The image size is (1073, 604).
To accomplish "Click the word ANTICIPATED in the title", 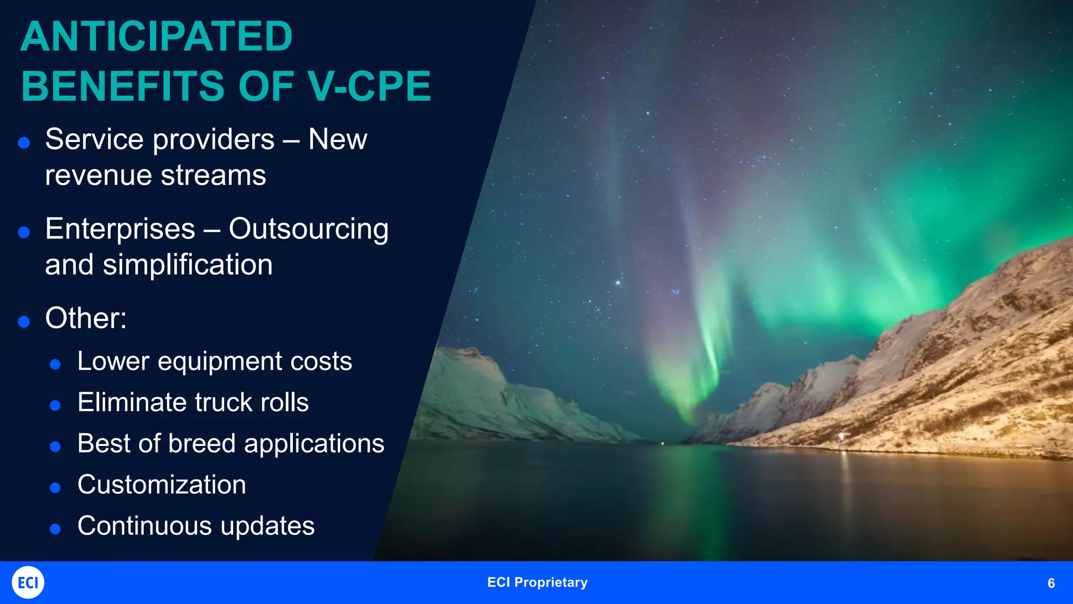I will (x=156, y=37).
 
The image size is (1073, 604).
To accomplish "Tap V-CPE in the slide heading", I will (x=369, y=87).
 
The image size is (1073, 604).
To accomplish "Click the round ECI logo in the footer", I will (x=28, y=582).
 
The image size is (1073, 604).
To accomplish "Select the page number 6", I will (x=1051, y=583).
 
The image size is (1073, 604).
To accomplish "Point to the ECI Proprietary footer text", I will (x=537, y=583).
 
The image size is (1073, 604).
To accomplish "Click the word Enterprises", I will (x=120, y=229).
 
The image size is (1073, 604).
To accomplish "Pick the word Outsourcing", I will (x=309, y=229).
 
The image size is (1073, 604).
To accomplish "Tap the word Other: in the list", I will (x=86, y=318).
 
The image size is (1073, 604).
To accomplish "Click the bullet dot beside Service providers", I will (x=24, y=143).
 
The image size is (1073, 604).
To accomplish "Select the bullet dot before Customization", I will (x=55, y=488).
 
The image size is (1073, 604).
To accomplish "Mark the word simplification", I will (x=188, y=265).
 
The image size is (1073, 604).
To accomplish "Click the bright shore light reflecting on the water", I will (x=842, y=436).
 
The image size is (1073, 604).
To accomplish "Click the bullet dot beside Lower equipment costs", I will (x=55, y=364).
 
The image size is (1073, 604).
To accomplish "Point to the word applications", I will (x=314, y=444).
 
